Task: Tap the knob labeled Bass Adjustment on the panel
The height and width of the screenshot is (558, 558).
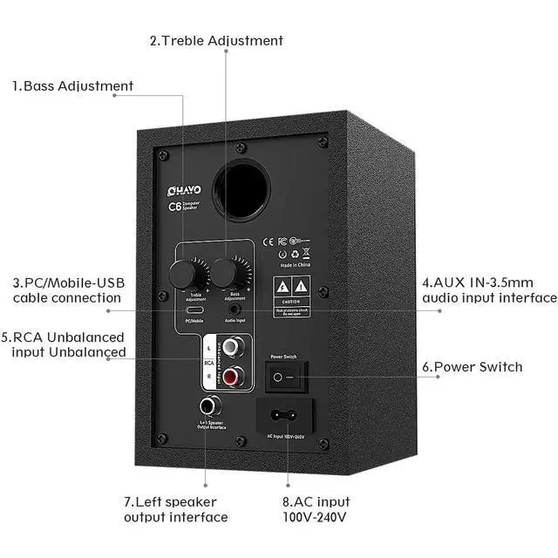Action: tap(228, 273)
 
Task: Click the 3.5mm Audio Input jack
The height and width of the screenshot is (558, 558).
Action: tap(234, 308)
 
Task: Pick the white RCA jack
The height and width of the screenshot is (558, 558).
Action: tap(231, 348)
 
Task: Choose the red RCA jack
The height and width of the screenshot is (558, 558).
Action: tap(231, 377)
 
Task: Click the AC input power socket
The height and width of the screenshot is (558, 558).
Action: tap(285, 415)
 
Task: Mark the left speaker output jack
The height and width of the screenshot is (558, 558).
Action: tap(209, 405)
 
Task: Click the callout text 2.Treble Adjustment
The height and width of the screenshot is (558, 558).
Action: tap(216, 40)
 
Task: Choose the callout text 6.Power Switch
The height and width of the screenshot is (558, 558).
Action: tap(472, 367)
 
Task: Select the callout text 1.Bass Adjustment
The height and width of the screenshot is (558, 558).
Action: tap(72, 85)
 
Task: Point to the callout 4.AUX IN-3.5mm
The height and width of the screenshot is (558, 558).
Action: tap(489, 290)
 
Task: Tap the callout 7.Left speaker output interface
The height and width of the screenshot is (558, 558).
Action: tap(175, 509)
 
